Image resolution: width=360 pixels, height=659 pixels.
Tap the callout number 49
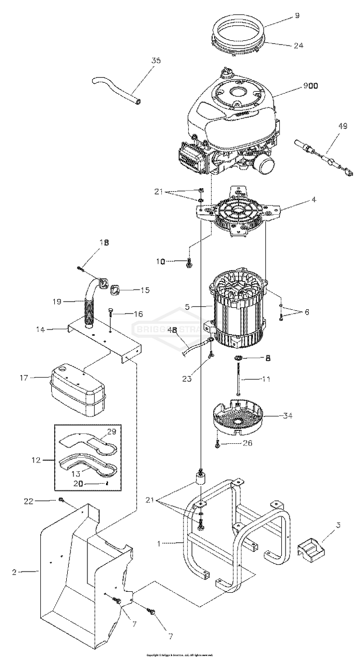tap(342, 126)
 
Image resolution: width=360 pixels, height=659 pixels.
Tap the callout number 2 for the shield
tap(15, 572)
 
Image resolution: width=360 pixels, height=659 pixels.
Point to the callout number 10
tap(160, 261)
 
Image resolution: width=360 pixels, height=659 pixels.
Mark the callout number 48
tap(171, 330)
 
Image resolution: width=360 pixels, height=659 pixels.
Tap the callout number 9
tap(297, 15)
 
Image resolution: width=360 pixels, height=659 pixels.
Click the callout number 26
tap(247, 443)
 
